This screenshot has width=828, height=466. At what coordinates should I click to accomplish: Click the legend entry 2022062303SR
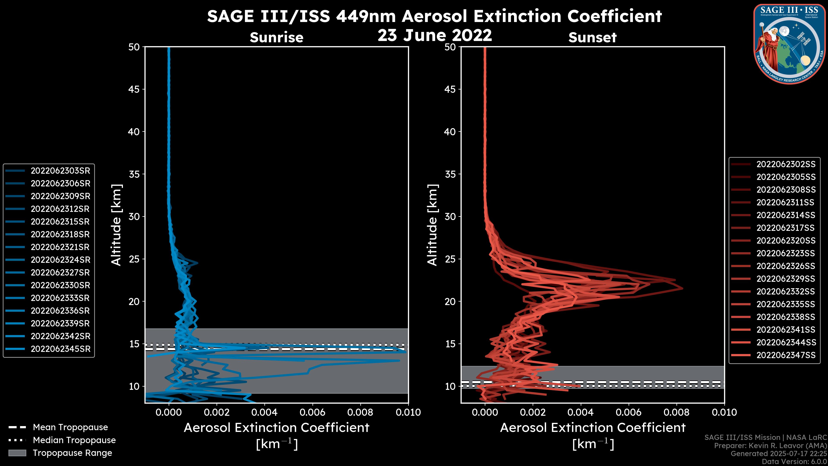point(60,171)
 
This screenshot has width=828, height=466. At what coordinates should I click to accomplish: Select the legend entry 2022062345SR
point(60,349)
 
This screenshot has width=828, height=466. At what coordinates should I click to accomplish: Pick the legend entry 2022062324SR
point(60,260)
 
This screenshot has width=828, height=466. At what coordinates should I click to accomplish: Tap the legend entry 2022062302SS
point(786,164)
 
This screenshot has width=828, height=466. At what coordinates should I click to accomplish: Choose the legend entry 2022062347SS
point(786,355)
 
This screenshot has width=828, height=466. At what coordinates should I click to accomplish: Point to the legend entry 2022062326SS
point(786,266)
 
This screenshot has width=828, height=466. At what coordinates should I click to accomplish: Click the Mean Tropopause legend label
point(70,427)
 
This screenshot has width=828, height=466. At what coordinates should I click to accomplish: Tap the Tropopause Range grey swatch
point(17,453)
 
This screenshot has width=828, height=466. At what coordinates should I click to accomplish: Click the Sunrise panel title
point(276,38)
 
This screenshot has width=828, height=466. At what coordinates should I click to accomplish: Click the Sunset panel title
point(592,38)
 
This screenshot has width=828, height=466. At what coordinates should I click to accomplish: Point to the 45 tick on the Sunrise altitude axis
point(134,89)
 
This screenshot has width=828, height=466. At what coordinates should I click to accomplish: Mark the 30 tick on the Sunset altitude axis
point(450,217)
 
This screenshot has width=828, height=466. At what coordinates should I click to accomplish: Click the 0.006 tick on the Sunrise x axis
point(312,412)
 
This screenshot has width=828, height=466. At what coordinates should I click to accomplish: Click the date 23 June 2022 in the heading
point(434,35)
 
